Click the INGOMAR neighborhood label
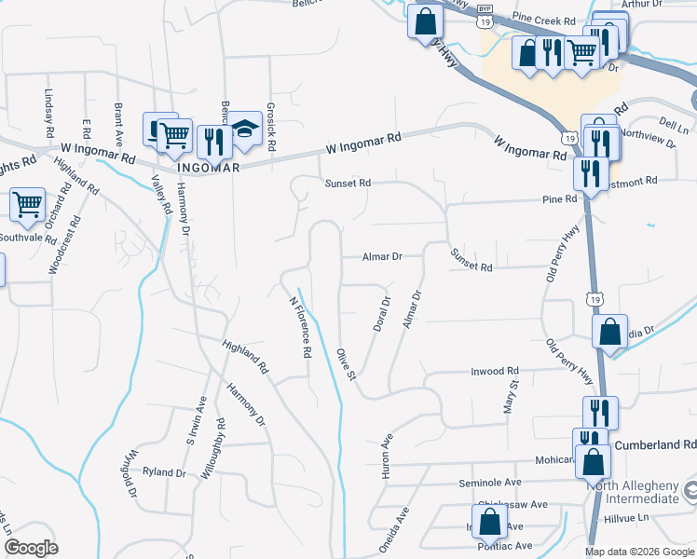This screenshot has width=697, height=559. point(195,168)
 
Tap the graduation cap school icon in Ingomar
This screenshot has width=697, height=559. point(244,131)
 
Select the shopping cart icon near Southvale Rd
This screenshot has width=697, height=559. point(28,204)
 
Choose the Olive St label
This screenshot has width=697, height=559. point(346,364)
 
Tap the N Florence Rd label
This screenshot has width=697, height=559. point(299,327)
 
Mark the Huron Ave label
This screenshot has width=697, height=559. point(387,457)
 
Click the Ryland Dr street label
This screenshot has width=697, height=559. point(165,472)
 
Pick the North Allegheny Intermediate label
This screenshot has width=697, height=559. point(633,491)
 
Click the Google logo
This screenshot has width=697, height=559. point(30,548)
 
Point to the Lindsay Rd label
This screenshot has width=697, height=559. point(48,111)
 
